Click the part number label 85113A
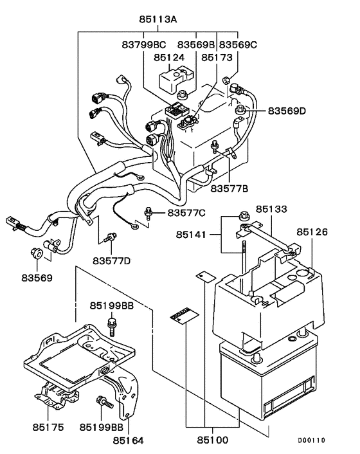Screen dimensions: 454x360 coord(157,20)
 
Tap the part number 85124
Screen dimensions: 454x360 coord(169,58)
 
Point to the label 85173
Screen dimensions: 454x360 coord(216,58)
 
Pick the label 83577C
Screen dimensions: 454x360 coord(186,212)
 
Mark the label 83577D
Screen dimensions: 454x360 coord(111,260)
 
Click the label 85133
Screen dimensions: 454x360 coord(271,210)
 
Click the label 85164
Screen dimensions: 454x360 coord(128,440)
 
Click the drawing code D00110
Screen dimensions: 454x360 coord(311,440)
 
